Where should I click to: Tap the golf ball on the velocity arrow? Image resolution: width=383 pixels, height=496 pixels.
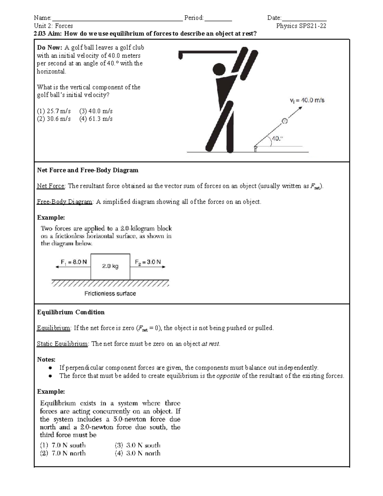284,121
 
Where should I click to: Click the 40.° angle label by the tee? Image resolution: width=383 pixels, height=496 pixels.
277,139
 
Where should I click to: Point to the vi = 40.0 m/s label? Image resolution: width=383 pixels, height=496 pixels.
307,100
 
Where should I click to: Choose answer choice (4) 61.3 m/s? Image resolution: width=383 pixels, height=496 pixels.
96,119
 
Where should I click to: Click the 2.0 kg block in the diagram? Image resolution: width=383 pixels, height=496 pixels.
110,266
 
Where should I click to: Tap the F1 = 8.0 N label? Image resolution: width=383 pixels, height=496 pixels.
73,262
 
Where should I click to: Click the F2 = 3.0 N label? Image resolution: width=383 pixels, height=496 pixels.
148,262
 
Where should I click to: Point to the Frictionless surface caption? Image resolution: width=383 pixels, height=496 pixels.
110,294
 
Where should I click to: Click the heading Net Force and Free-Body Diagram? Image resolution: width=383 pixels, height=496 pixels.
88,170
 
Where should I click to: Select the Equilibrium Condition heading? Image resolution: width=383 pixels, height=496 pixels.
71,312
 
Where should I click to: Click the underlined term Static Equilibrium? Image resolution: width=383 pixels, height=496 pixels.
62,344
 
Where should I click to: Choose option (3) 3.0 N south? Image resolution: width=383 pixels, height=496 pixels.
138,445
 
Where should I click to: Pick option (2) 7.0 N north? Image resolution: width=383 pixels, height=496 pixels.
63,453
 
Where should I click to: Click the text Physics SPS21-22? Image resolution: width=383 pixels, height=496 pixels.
301,26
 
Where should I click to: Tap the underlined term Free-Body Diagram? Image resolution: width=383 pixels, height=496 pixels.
64,202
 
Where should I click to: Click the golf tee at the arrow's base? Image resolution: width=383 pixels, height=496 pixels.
255,149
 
